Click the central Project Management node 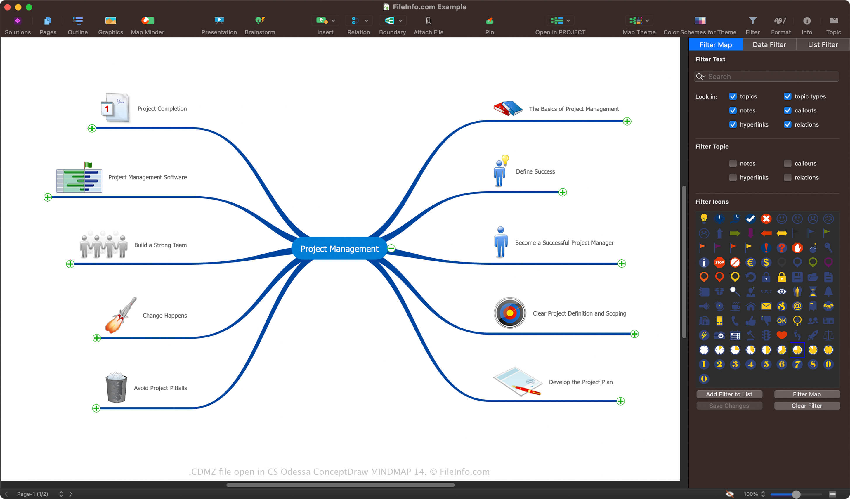tap(339, 249)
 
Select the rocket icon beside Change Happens tap(121, 315)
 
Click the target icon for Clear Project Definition tap(510, 313)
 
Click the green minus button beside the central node tap(391, 248)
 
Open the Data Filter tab tap(769, 44)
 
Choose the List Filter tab tap(823, 44)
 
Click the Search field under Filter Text tap(766, 77)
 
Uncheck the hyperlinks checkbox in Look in tap(733, 124)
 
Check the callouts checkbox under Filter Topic tap(787, 164)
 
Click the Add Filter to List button tap(729, 394)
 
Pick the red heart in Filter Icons tap(782, 335)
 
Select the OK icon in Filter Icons tap(782, 320)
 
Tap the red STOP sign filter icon tap(719, 262)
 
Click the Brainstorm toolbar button tap(260, 25)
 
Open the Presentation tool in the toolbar tap(219, 25)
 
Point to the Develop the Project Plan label tap(580, 382)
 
